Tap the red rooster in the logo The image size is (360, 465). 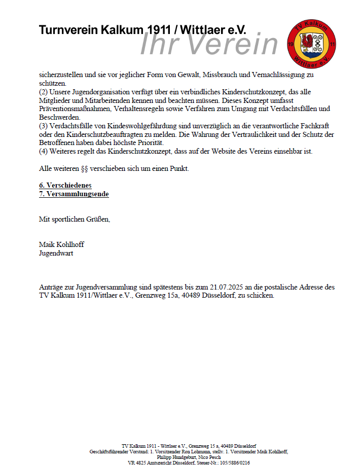click(x=305, y=44)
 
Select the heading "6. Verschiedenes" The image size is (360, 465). click(x=65, y=186)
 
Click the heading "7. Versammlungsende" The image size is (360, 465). click(x=74, y=194)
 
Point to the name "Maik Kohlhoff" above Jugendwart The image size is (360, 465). click(x=61, y=244)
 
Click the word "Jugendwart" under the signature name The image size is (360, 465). click(x=56, y=253)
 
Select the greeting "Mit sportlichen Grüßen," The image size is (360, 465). click(x=75, y=219)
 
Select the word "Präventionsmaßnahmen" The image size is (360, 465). click(x=76, y=109)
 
